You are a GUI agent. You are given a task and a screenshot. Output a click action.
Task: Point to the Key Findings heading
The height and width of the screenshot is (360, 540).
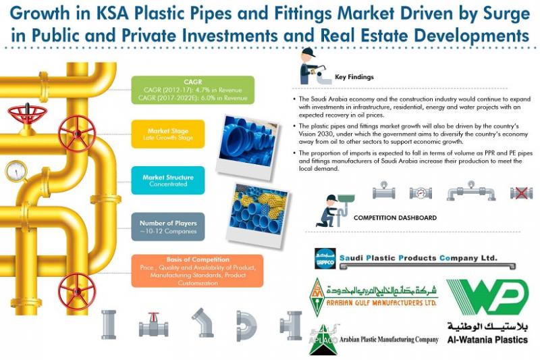(354, 77)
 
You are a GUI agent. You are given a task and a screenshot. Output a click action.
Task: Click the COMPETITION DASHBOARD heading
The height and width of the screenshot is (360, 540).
(395, 218)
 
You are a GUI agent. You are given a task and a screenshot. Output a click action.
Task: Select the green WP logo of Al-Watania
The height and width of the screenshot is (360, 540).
(487, 298)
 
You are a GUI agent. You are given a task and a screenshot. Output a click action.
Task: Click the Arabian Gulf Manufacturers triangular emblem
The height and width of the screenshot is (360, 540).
(317, 297)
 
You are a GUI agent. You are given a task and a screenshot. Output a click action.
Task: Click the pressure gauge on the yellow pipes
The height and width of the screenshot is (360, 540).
(16, 172)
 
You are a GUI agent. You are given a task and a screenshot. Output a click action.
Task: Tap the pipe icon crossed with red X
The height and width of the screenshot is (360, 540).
(520, 192)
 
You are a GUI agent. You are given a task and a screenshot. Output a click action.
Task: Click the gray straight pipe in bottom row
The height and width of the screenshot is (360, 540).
(108, 325)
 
